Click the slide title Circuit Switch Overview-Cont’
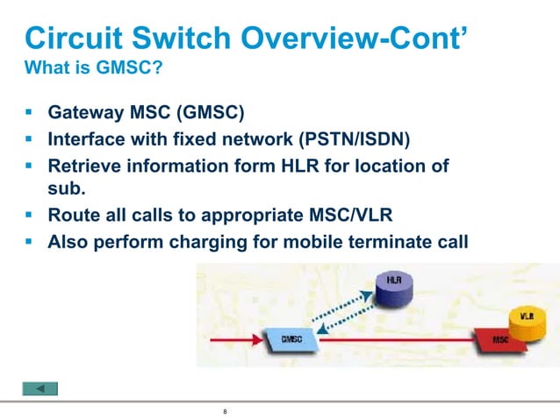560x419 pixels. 245,38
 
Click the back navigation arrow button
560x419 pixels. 39,388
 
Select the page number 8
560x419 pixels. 226,411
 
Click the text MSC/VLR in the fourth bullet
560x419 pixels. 384,214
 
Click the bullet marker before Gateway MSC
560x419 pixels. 29,112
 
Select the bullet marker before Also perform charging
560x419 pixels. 29,241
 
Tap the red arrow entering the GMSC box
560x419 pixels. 248,338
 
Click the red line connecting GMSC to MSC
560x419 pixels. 395,338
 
